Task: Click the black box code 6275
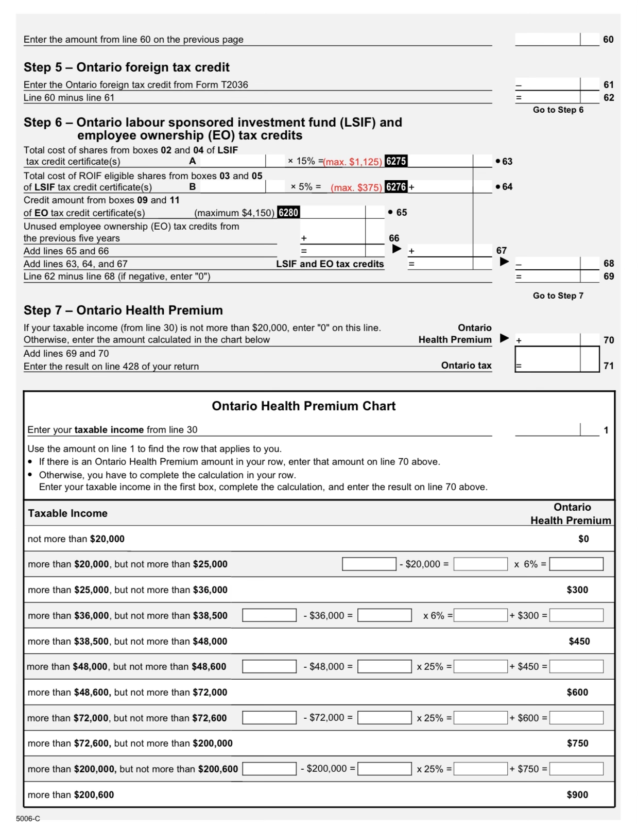(x=396, y=161)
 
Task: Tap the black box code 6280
(x=288, y=213)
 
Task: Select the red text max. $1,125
(x=353, y=162)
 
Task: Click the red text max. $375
(x=356, y=187)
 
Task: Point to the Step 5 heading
(x=127, y=67)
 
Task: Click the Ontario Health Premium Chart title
(x=304, y=406)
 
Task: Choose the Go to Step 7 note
(x=558, y=296)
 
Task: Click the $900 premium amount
(x=577, y=794)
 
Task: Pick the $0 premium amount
(x=583, y=539)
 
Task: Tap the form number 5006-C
(x=28, y=819)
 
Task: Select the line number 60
(x=608, y=40)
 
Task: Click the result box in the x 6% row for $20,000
(x=576, y=564)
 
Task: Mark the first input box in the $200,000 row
(x=269, y=769)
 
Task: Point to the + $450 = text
(x=528, y=667)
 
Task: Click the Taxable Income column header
(x=68, y=513)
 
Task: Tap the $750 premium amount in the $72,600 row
(x=577, y=743)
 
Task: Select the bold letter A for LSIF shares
(x=193, y=161)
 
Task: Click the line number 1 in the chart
(x=606, y=430)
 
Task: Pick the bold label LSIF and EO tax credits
(x=330, y=264)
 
